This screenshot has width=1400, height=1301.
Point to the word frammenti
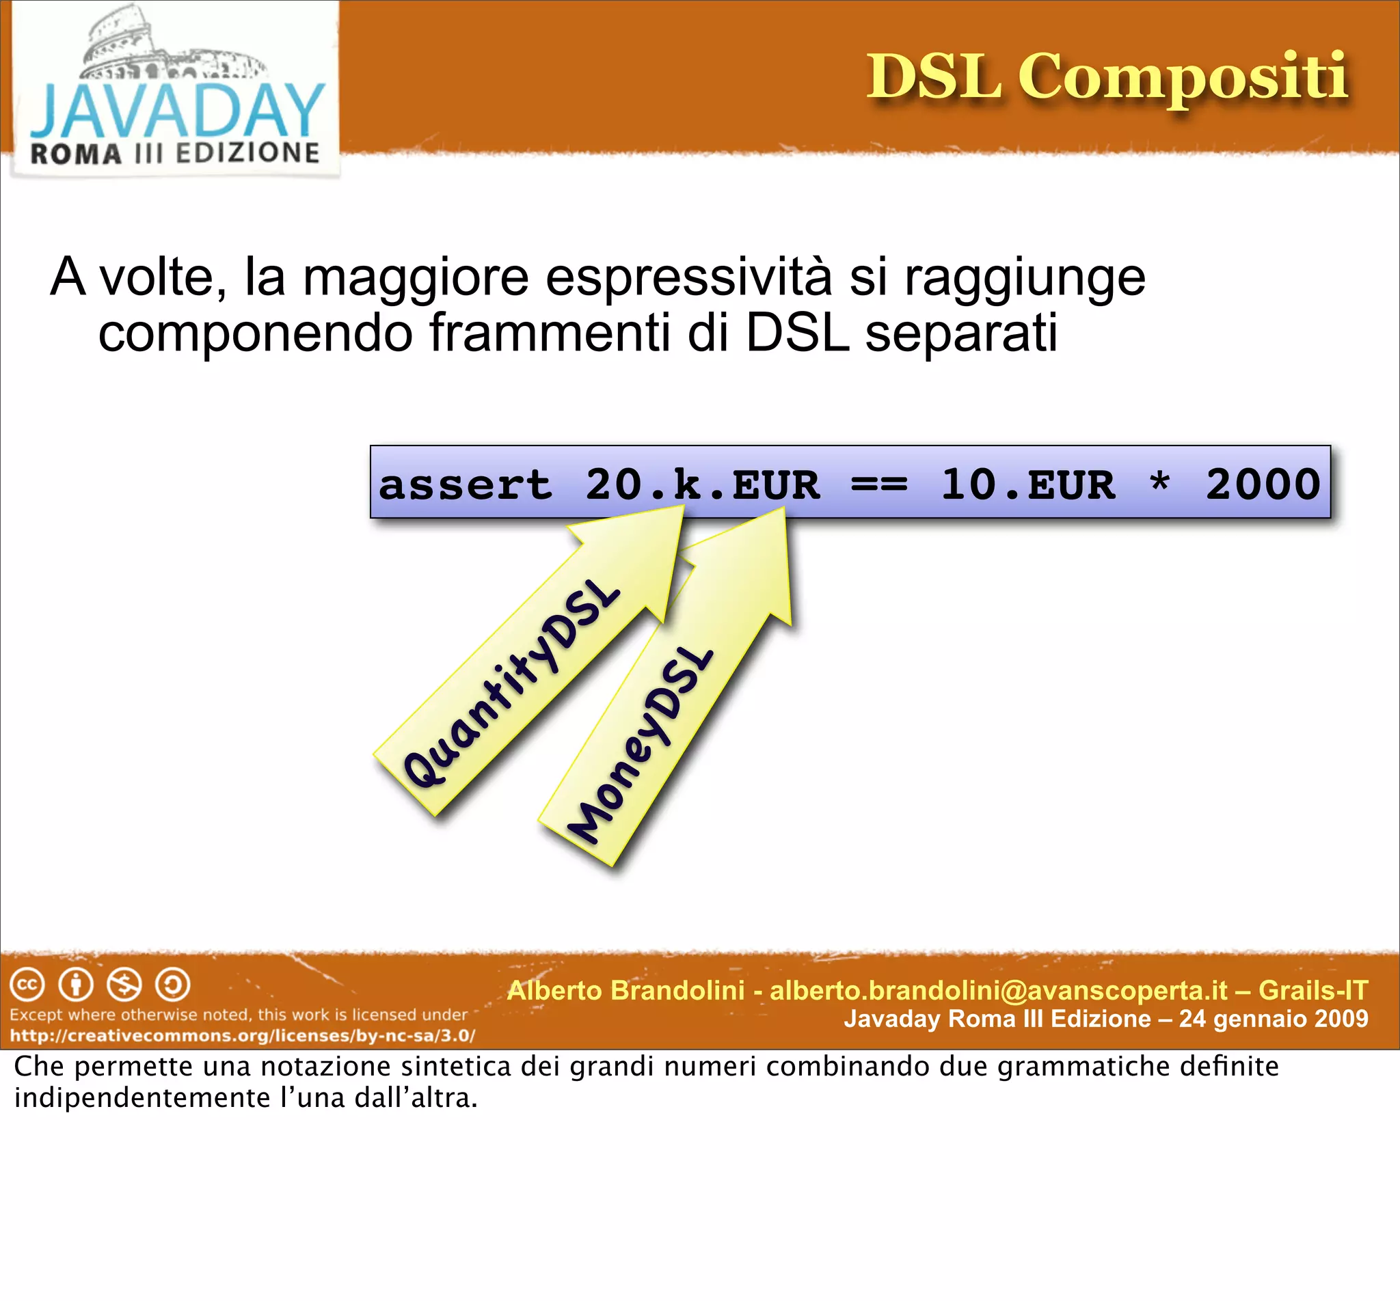click(550, 333)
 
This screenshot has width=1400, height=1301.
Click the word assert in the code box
click(465, 485)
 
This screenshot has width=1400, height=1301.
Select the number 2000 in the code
click(1262, 485)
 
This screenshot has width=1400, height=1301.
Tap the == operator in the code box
click(878, 485)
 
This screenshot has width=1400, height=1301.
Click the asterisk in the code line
click(1159, 484)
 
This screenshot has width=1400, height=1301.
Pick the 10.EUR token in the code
click(1027, 485)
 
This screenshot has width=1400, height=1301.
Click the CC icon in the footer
click(27, 985)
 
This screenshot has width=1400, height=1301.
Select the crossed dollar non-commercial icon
click(124, 985)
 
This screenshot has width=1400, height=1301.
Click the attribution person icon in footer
click(76, 985)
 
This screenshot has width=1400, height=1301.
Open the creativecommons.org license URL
click(242, 1036)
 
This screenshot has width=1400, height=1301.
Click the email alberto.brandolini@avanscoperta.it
click(998, 991)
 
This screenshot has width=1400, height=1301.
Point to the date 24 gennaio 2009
click(1274, 1019)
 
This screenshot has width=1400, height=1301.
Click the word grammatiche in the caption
click(1084, 1067)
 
